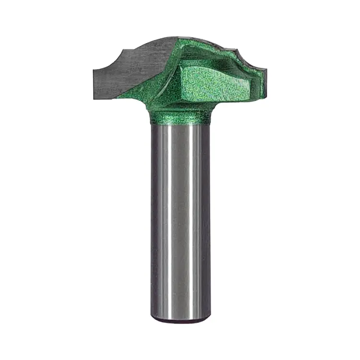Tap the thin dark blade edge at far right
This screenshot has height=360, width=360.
tap(264, 86)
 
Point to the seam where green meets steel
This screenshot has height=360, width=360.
tap(180, 124)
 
